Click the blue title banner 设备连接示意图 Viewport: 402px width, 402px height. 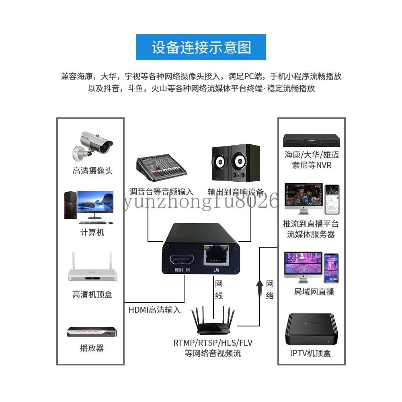coord(201,47)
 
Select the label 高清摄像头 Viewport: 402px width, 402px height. coord(92,171)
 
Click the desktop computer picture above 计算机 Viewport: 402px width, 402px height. coord(89,207)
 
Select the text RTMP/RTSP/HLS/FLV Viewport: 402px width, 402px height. coord(213,343)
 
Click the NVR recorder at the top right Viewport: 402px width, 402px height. coord(311,139)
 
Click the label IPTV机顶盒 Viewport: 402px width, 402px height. coord(311,354)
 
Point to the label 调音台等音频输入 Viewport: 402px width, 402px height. coord(161,192)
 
